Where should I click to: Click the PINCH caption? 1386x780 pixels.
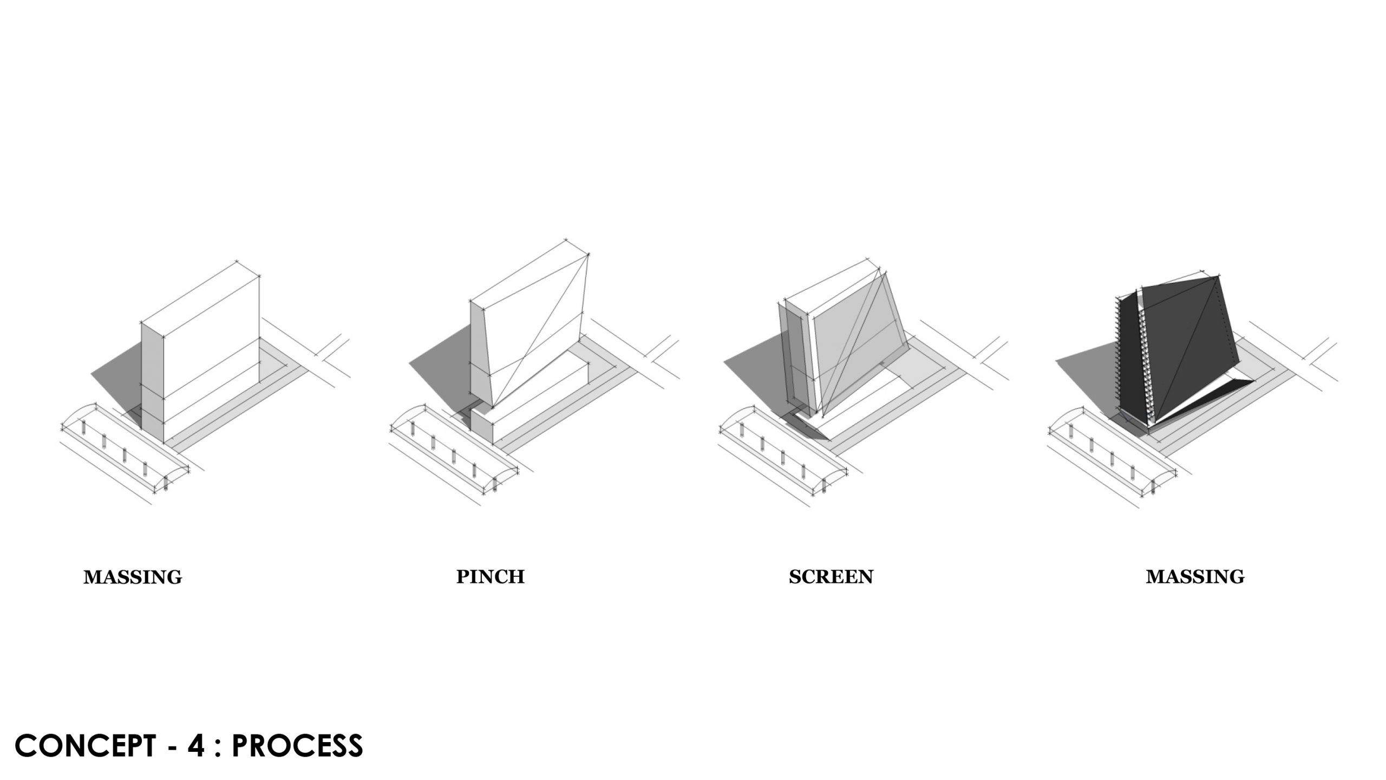(x=490, y=576)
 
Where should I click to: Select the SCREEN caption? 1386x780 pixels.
(x=831, y=577)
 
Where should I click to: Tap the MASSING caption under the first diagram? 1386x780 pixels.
(x=133, y=577)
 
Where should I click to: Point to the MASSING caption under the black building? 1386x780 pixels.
(x=1195, y=577)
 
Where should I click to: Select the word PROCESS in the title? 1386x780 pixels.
(x=297, y=746)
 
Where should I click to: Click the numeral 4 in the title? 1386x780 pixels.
(x=195, y=746)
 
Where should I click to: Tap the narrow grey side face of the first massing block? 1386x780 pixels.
(x=152, y=379)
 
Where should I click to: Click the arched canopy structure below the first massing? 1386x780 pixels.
(x=125, y=450)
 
